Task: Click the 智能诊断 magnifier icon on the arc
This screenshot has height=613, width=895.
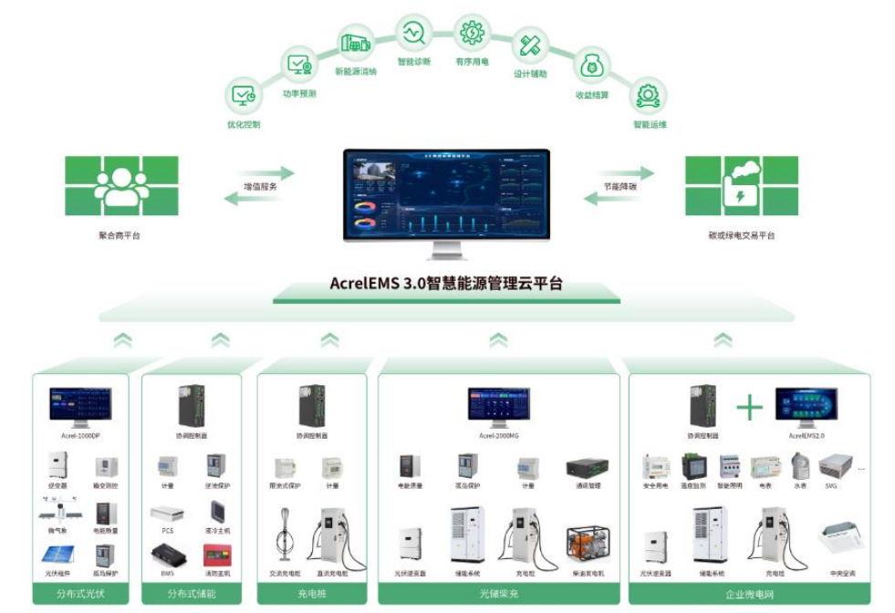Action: tap(413, 33)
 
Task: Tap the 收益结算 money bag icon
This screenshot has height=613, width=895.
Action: tap(591, 65)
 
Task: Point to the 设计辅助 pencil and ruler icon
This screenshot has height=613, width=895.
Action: tap(530, 46)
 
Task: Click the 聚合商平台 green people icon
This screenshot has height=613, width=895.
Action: tap(121, 185)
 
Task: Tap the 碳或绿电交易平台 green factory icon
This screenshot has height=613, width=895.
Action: tap(741, 185)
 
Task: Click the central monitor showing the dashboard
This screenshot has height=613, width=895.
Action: tap(446, 194)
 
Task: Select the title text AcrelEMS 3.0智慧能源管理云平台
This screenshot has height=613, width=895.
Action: tap(446, 284)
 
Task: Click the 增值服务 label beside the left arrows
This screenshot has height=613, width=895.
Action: tap(260, 186)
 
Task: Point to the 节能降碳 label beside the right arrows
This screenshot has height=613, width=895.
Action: tap(619, 186)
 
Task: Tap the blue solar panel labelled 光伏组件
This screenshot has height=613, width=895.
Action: tap(58, 555)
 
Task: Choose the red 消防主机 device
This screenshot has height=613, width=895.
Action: tap(216, 555)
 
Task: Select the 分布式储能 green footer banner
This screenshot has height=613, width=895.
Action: tap(192, 595)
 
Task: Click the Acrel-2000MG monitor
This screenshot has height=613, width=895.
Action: tap(498, 407)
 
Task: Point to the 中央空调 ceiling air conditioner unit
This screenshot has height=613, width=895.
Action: tap(840, 538)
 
